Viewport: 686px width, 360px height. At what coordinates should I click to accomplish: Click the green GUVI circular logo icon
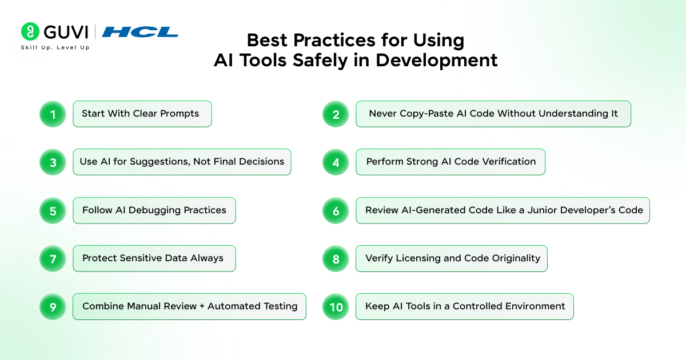click(30, 31)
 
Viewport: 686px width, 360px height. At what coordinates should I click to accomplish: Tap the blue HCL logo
click(140, 32)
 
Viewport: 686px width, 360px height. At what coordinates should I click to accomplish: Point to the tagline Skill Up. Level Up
click(55, 47)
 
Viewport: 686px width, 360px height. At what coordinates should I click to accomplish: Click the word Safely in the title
click(320, 60)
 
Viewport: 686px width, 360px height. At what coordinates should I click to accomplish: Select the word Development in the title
click(436, 60)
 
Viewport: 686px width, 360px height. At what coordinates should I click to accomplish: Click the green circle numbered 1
click(53, 114)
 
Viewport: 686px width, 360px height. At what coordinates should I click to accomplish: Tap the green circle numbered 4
click(336, 162)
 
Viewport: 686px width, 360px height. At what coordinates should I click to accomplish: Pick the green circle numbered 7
click(53, 259)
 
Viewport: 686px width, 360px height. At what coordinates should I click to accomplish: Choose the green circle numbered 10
click(336, 307)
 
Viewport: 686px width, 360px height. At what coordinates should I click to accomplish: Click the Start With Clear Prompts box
click(142, 114)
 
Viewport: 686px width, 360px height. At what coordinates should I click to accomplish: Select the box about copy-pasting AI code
click(493, 114)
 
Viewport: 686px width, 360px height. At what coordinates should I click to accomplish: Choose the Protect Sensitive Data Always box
click(154, 258)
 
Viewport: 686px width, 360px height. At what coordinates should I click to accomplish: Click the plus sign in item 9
click(202, 306)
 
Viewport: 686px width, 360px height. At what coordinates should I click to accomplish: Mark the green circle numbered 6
click(336, 211)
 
